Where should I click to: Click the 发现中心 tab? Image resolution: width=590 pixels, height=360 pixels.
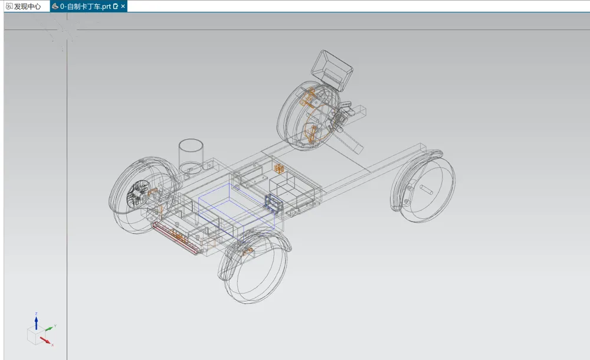(x=27, y=6)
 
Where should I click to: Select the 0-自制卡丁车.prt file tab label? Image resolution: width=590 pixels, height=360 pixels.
(x=86, y=6)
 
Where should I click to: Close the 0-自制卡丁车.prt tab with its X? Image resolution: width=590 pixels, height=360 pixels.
(x=123, y=6)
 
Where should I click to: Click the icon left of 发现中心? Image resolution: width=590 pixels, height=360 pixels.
(x=9, y=6)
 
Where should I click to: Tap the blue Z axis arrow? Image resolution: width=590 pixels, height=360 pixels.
(x=36, y=323)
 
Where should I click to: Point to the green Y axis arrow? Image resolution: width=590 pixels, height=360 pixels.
(x=50, y=329)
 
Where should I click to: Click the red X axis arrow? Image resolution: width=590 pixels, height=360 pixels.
(x=45, y=341)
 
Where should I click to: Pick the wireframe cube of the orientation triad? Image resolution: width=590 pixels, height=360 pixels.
(x=36, y=335)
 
